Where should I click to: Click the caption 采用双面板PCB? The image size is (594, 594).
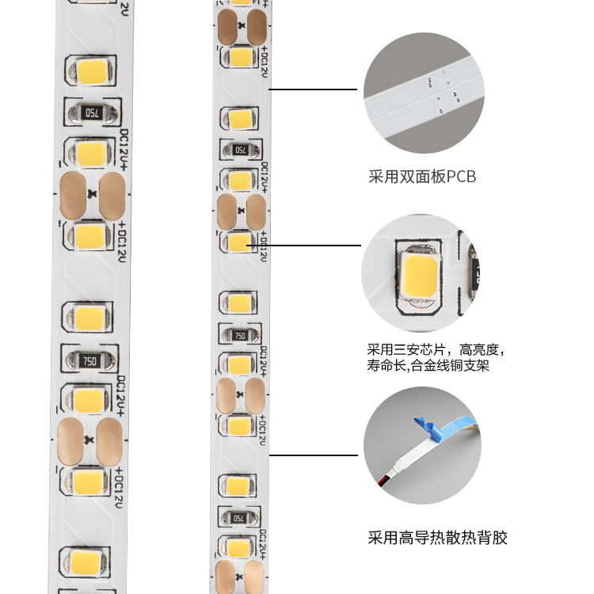point(423,177)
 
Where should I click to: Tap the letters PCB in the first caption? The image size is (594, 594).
point(461,177)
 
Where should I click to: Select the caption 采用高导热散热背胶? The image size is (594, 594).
point(437,539)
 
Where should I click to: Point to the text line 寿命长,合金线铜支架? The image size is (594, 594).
point(428,366)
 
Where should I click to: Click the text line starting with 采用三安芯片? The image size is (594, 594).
point(436,348)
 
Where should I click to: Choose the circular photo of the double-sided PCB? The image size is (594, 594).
point(424,93)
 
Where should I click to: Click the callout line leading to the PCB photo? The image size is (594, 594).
point(313,89)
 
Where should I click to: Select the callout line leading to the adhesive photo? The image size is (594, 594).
point(313,455)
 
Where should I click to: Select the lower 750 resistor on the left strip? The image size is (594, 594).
point(89,361)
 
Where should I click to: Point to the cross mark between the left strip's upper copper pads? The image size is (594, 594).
point(93,194)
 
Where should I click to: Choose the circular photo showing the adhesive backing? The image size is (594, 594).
point(423,447)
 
